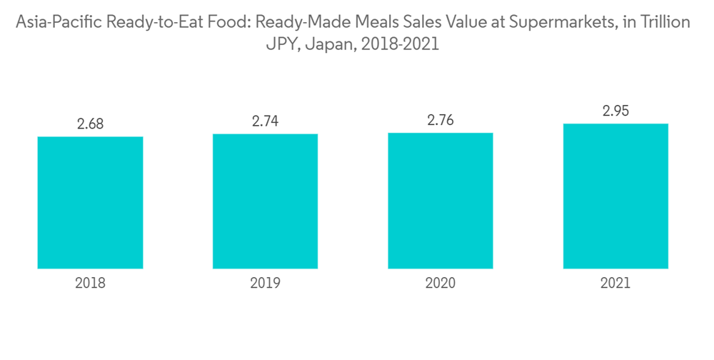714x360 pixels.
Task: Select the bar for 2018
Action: click(90, 202)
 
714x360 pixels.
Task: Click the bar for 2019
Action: click(265, 201)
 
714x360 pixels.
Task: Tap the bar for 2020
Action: click(441, 201)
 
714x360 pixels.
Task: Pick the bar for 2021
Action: click(615, 196)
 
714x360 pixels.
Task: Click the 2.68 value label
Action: click(91, 124)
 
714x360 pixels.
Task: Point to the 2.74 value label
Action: click(265, 121)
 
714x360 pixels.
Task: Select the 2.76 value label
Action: click(441, 120)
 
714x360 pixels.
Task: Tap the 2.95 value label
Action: click(615, 111)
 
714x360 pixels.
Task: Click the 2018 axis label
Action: click(90, 284)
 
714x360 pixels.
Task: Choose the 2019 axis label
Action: click(265, 284)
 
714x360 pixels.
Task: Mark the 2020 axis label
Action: click(441, 284)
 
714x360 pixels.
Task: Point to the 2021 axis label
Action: click(615, 284)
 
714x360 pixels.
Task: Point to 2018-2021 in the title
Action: click(401, 44)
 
